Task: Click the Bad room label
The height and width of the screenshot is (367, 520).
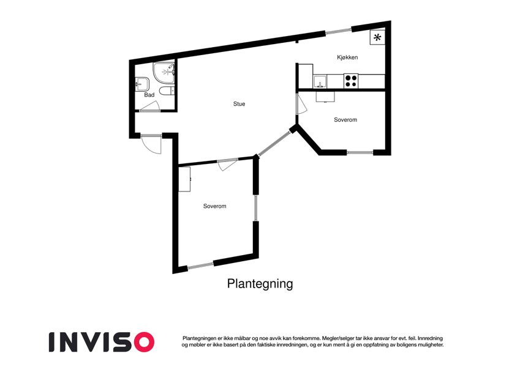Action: point(149,95)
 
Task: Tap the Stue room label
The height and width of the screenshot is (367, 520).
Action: point(239,104)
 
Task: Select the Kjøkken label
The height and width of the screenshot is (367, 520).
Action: point(347,57)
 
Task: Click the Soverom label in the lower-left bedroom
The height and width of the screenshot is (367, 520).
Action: point(214,206)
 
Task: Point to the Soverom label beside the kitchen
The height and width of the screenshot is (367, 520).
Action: point(345,119)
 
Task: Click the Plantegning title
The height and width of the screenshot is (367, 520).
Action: point(260,284)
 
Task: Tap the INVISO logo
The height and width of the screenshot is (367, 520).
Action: point(102,342)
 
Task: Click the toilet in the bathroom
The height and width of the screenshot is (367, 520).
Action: point(167,91)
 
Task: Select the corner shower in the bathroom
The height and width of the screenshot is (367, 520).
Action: point(164,73)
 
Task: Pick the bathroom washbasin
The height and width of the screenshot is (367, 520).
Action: point(143,84)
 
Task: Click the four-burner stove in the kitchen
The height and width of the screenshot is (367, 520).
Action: point(351,81)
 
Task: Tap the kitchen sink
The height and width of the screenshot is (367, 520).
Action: point(320,81)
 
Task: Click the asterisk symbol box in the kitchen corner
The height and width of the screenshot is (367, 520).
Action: point(377,37)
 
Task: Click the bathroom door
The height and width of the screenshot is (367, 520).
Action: point(149,106)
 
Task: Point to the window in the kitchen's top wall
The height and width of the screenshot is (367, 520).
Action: point(338,31)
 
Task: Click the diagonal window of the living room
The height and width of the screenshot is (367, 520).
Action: point(274,143)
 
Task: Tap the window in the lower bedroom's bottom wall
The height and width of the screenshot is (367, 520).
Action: point(200,265)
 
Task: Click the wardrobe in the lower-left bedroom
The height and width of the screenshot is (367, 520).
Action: point(184,179)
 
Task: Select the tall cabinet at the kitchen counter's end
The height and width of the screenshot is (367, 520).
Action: point(306,76)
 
